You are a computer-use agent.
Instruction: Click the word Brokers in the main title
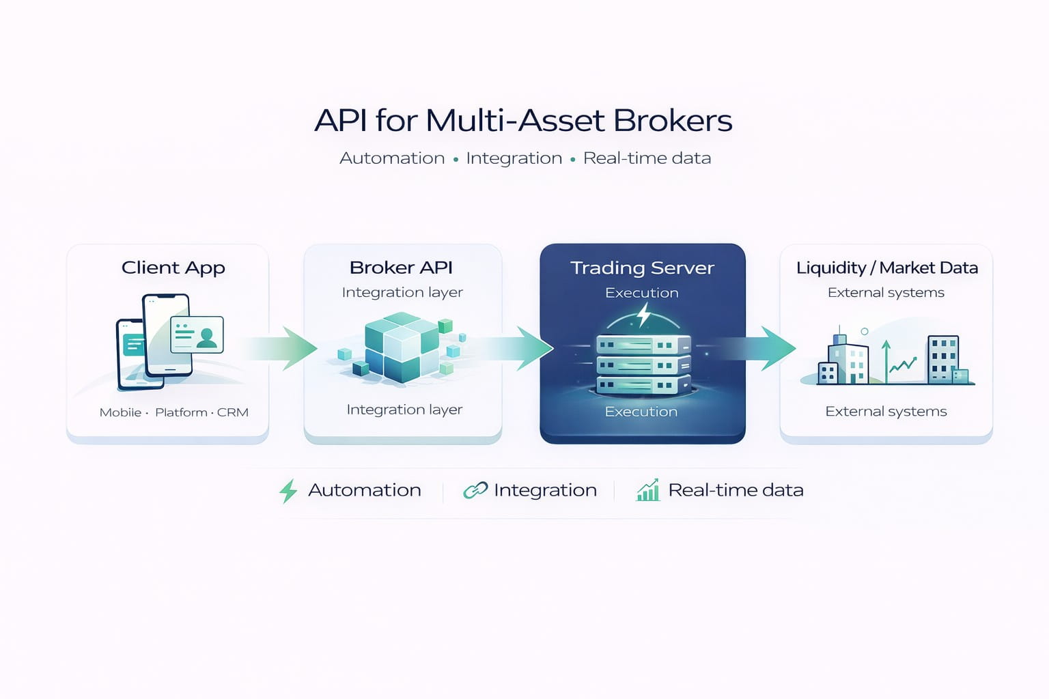coord(673,121)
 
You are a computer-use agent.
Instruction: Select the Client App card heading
coord(173,268)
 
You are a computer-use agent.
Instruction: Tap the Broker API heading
coord(401,268)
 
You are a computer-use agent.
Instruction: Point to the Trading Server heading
coord(642,268)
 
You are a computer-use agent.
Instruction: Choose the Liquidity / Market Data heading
coord(886,268)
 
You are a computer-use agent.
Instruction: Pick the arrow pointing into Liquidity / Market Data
coord(765,348)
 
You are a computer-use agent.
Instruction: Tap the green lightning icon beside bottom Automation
coord(288,491)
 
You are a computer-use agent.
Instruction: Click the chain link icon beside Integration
coord(475,490)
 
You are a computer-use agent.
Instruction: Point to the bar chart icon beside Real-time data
coord(648,490)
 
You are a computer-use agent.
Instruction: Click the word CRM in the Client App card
coord(233,412)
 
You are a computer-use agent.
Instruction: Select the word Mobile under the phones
coord(120,412)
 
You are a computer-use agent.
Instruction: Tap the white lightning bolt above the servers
coord(643,315)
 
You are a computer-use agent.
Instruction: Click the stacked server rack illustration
coord(643,365)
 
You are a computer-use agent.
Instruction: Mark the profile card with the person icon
coord(197,334)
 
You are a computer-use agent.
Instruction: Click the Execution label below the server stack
coord(641,412)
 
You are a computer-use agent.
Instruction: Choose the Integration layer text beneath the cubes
coord(404,410)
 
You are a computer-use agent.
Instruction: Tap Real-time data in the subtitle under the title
coord(647,158)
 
